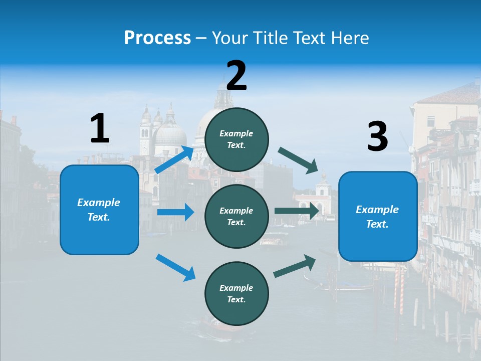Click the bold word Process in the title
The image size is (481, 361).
pyautogui.click(x=157, y=38)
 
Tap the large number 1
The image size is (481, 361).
pyautogui.click(x=100, y=128)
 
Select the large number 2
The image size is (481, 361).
pyautogui.click(x=236, y=75)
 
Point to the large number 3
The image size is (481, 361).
pyautogui.click(x=377, y=136)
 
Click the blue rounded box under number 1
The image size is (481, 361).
pyautogui.click(x=99, y=210)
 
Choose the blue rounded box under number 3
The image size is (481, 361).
pyautogui.click(x=378, y=216)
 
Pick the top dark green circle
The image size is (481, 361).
pyautogui.click(x=236, y=139)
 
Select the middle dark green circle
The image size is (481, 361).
pyautogui.click(x=236, y=216)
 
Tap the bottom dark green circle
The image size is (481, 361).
pyautogui.click(x=236, y=293)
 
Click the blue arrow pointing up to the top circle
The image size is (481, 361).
pyautogui.click(x=174, y=159)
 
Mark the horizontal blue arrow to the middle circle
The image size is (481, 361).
pyautogui.click(x=175, y=212)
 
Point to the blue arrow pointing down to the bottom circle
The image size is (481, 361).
pyautogui.click(x=175, y=267)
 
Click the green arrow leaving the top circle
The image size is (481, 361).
pyautogui.click(x=298, y=160)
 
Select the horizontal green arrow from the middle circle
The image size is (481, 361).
pyautogui.click(x=297, y=211)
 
